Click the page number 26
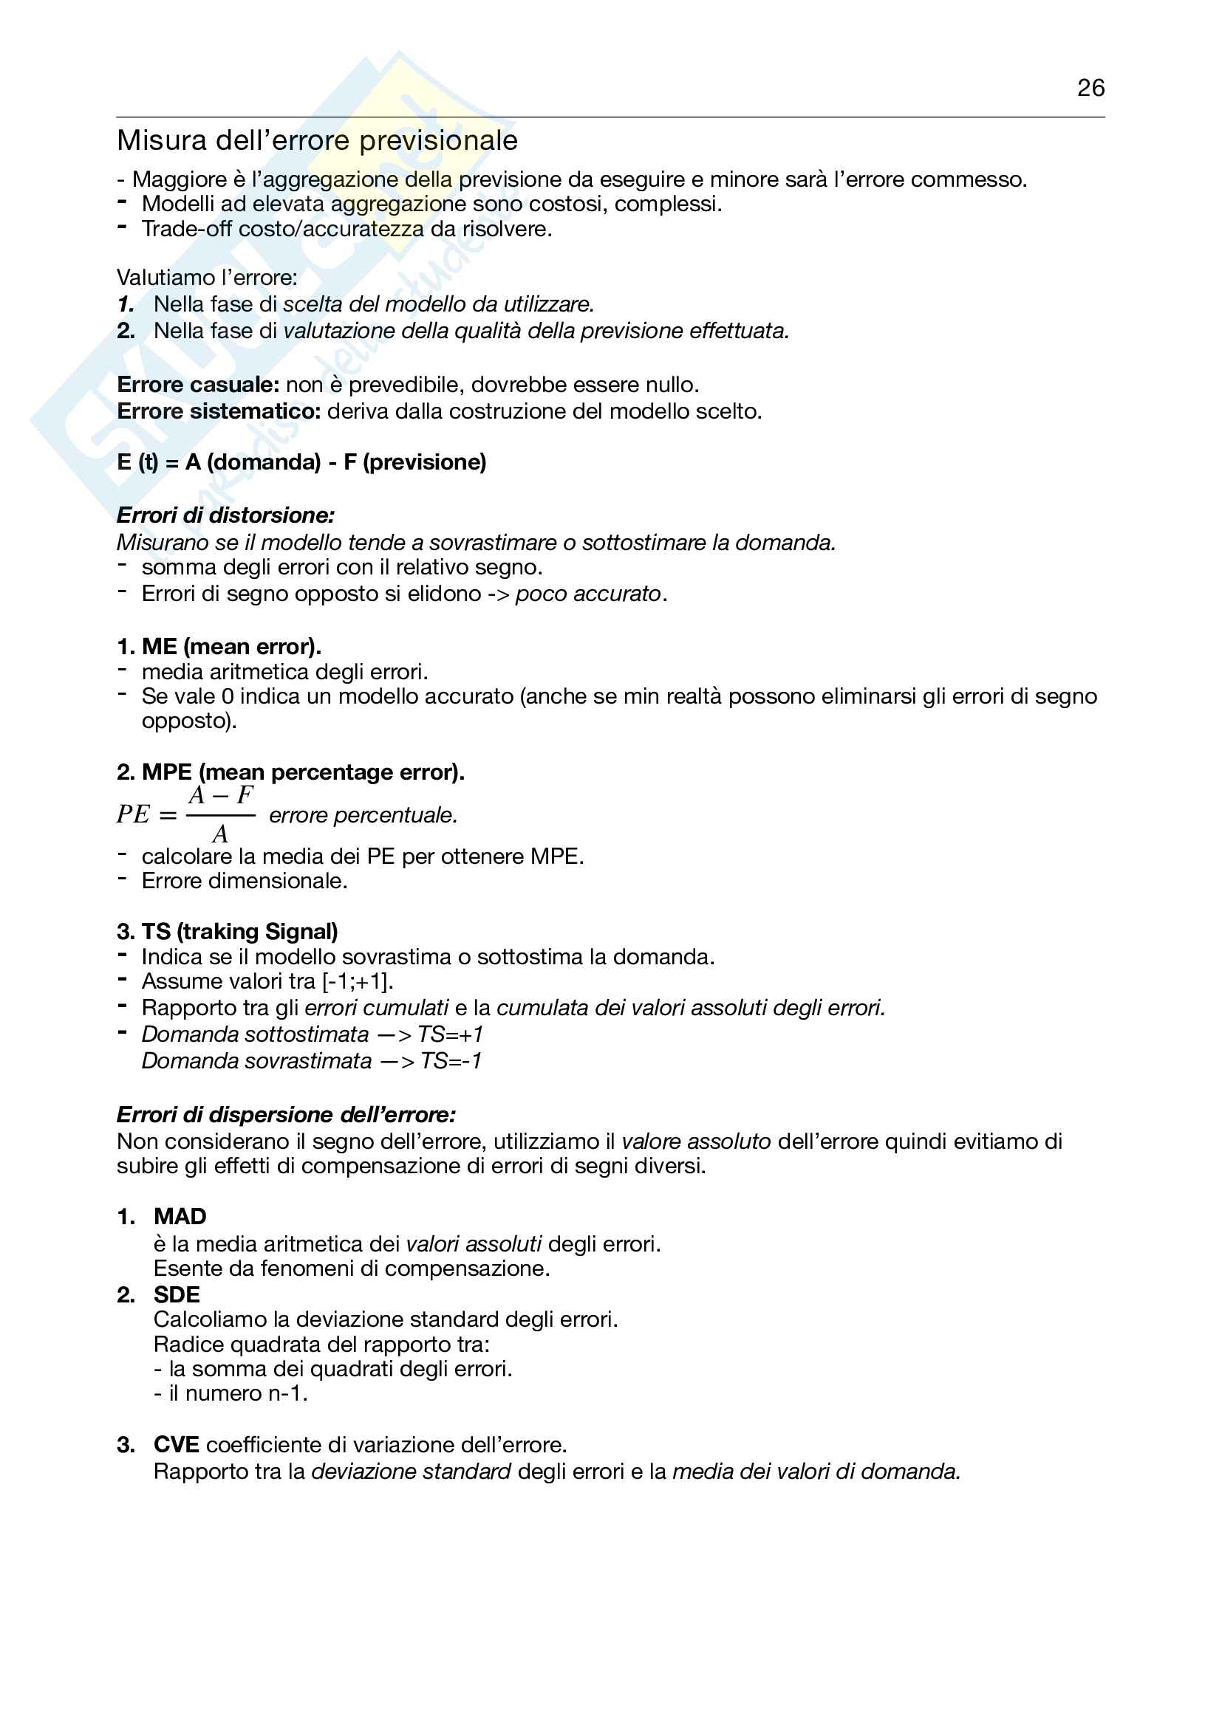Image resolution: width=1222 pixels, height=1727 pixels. click(1090, 88)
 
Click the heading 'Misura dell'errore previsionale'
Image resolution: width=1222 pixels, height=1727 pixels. click(317, 141)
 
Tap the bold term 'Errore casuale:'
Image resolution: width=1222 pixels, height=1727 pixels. click(198, 385)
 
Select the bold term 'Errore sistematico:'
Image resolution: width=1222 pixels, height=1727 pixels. click(219, 411)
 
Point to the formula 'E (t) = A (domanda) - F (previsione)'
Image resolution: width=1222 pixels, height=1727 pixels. click(301, 461)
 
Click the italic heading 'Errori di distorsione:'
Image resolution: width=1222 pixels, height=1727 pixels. click(225, 515)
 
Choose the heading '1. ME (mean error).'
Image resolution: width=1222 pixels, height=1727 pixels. click(219, 647)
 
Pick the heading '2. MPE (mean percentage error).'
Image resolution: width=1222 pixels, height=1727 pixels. click(290, 772)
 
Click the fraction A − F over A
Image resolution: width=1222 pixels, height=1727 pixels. click(220, 814)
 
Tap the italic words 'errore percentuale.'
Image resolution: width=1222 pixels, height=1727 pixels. click(363, 815)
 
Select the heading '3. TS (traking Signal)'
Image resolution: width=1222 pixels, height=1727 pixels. click(228, 932)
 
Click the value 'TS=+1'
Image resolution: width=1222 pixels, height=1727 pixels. click(450, 1035)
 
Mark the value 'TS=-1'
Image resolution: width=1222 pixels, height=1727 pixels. click(451, 1061)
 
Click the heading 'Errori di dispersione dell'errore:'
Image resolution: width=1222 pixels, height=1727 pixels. click(286, 1115)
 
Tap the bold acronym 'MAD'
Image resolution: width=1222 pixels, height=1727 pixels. click(180, 1217)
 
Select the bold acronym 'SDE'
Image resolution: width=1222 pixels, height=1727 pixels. click(177, 1295)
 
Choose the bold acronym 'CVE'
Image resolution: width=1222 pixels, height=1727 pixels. click(176, 1445)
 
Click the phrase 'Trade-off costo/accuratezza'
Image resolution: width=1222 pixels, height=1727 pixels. click(283, 230)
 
